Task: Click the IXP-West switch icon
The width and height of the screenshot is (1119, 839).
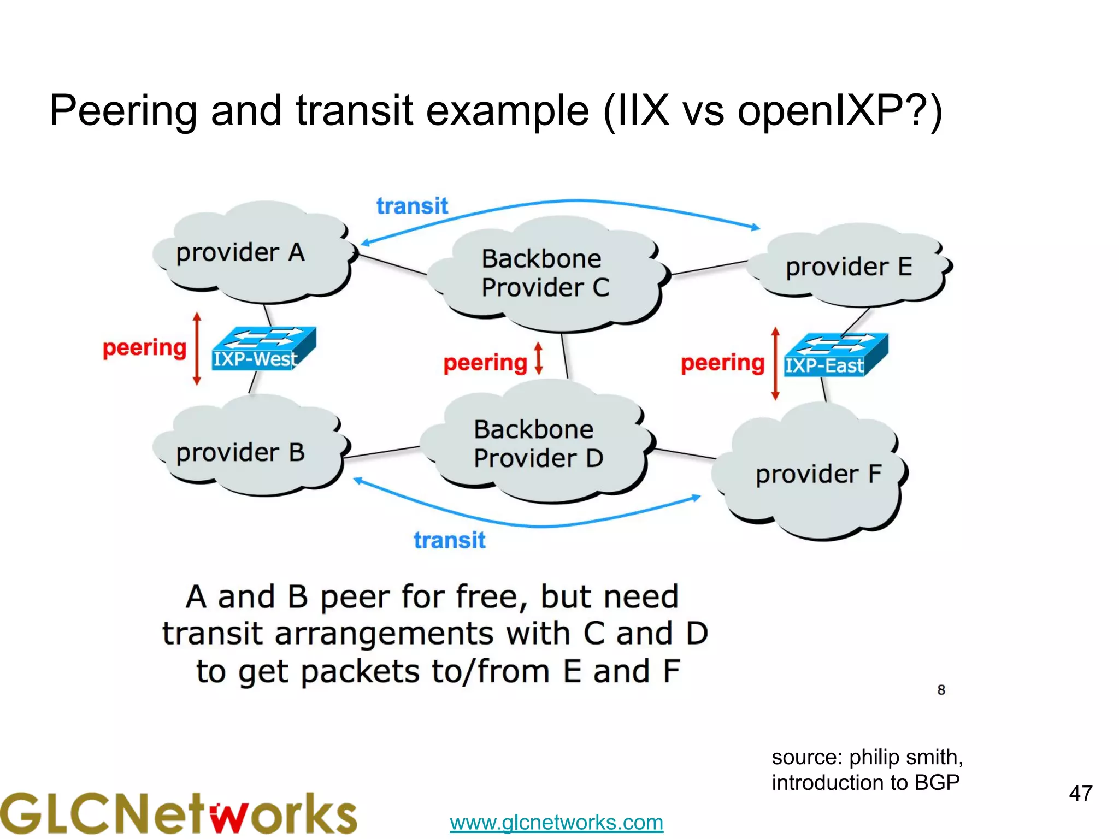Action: (263, 348)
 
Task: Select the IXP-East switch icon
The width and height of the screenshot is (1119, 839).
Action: (835, 355)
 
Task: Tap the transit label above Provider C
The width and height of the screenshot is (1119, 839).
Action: (412, 206)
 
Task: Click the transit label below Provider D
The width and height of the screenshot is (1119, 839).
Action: (449, 540)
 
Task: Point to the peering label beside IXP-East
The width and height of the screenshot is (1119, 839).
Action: (722, 363)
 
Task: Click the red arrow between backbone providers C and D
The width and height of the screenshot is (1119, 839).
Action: (539, 358)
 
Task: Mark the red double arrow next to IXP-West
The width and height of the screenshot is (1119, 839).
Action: (197, 348)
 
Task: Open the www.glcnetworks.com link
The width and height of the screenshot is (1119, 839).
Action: (556, 822)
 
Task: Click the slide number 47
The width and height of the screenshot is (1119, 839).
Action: (1080, 793)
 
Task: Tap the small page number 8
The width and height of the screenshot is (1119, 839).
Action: (941, 690)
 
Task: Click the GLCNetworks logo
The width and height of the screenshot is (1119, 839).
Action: (178, 814)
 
